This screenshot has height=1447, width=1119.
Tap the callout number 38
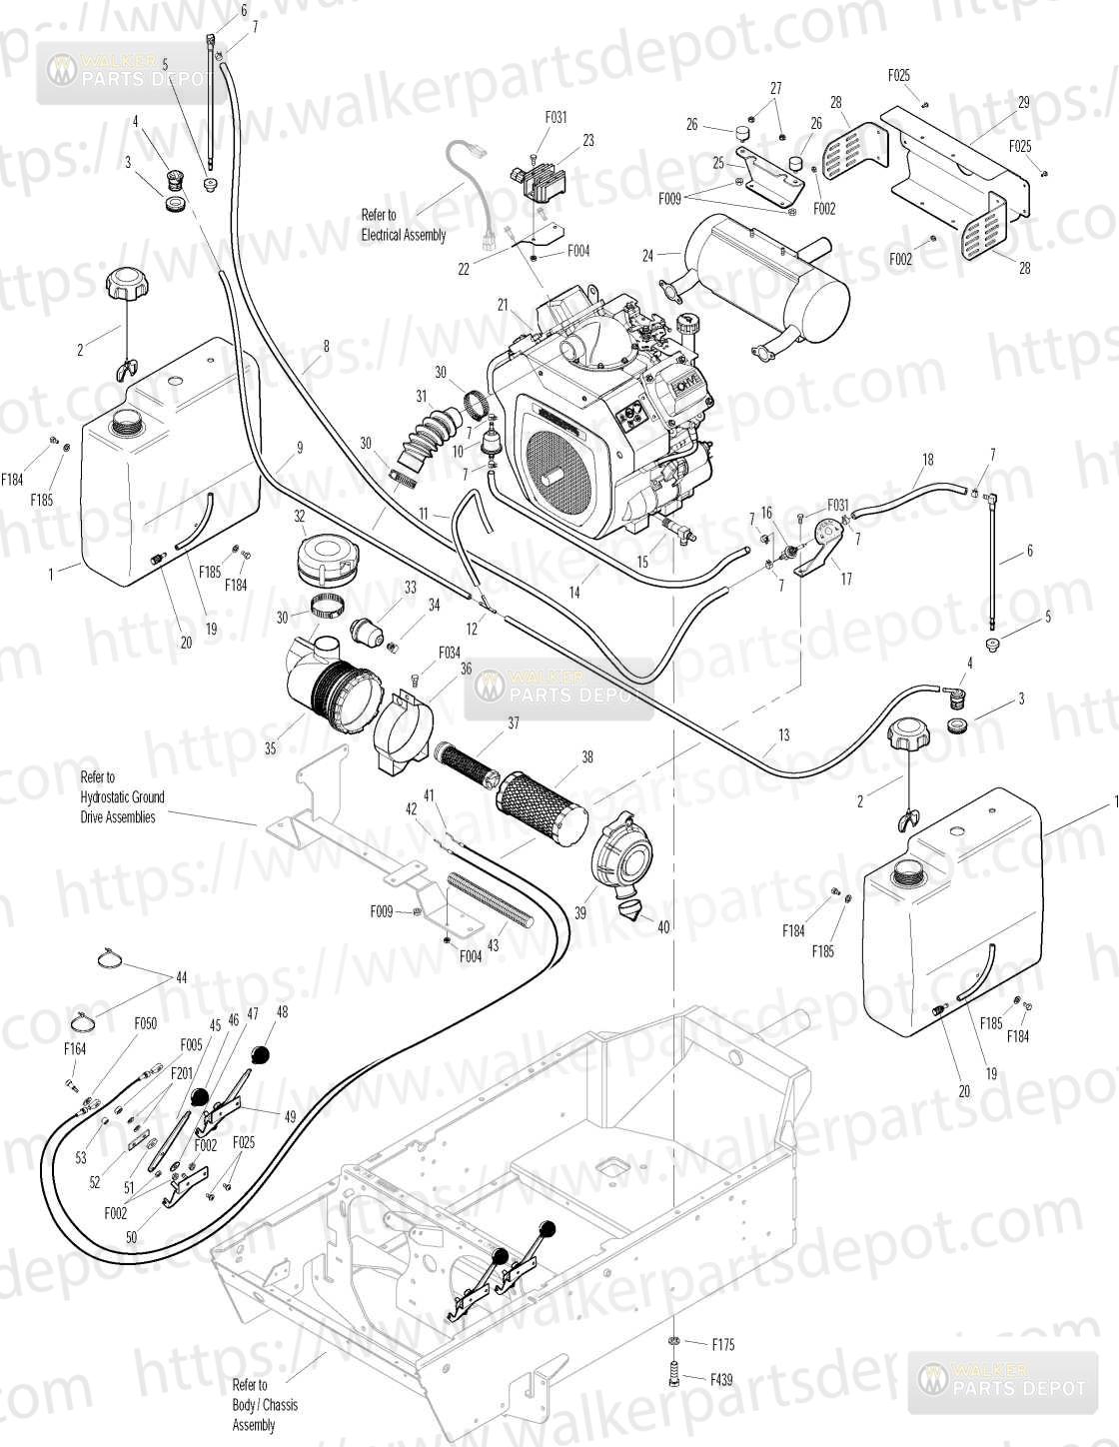pyautogui.click(x=587, y=758)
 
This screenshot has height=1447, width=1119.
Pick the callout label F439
pyautogui.click(x=721, y=1380)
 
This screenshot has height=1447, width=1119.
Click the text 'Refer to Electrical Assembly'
pyautogui.click(x=404, y=225)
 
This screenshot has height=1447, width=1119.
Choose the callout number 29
pyautogui.click(x=1023, y=103)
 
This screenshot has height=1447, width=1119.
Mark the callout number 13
pyautogui.click(x=783, y=735)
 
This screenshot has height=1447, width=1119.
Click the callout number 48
pyautogui.click(x=282, y=1011)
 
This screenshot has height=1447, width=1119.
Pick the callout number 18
pyautogui.click(x=928, y=459)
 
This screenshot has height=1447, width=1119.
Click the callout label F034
pyautogui.click(x=450, y=653)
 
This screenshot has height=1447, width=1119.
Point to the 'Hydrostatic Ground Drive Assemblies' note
pyautogui.click(x=123, y=796)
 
